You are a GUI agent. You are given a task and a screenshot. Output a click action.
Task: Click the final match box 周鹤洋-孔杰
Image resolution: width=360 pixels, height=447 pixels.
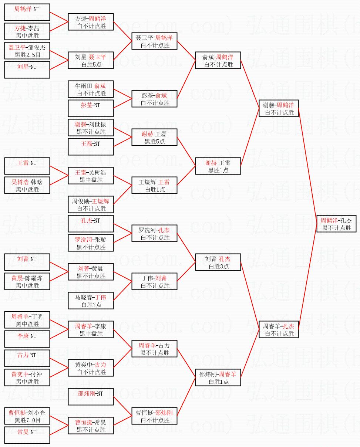336,224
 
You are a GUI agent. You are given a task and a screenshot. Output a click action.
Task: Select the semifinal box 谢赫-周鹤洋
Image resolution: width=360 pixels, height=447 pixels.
279,108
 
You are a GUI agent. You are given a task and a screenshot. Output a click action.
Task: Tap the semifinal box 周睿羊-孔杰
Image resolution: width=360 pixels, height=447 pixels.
279,329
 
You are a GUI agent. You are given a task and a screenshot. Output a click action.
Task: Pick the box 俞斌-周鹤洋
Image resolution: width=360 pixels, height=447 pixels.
218,60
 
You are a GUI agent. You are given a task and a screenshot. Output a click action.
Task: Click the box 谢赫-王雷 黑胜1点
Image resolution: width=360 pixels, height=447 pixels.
218,166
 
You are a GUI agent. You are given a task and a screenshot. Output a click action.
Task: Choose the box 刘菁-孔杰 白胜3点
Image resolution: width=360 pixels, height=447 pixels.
218,262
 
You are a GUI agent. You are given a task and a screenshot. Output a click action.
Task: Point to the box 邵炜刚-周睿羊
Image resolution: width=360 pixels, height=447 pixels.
218,377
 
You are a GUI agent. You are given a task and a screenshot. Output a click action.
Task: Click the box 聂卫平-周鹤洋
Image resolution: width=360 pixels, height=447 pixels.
154,41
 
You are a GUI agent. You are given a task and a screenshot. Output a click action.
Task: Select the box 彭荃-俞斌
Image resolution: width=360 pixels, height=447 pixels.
154,99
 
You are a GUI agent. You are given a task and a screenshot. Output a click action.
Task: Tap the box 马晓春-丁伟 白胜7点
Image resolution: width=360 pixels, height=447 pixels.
91,301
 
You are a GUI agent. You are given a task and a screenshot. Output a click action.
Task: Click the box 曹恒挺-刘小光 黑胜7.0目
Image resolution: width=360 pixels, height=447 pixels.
27,416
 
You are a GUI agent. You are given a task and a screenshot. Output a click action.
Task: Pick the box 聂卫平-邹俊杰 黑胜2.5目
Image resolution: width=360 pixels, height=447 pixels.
27,51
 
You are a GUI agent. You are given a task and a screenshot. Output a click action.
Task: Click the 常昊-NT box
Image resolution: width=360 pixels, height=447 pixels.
27,435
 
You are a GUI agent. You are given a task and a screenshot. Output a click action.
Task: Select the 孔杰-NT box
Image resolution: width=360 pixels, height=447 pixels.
91,224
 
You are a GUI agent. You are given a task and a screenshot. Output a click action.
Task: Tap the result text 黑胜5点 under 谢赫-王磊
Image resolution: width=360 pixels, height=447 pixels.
155,142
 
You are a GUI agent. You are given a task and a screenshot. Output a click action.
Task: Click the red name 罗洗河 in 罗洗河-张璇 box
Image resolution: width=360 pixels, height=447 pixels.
83,240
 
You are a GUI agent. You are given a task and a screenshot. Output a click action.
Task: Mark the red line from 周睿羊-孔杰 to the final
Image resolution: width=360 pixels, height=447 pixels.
307,277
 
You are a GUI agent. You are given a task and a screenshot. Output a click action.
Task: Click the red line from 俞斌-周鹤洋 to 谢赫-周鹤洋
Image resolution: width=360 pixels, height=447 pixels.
250,84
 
